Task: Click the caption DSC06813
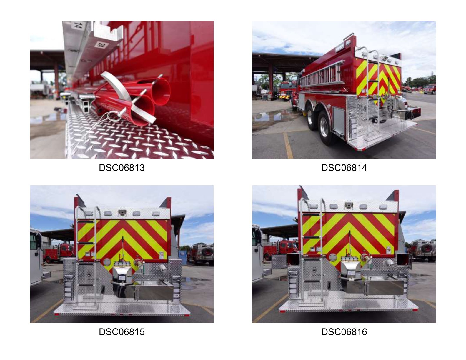coord(122,168)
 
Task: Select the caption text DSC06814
coord(344,168)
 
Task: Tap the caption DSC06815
coord(122,332)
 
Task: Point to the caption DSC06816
coord(344,332)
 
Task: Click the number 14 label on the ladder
coord(78,25)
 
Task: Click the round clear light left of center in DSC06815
coord(107,262)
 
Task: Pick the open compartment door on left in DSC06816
coord(279,261)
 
